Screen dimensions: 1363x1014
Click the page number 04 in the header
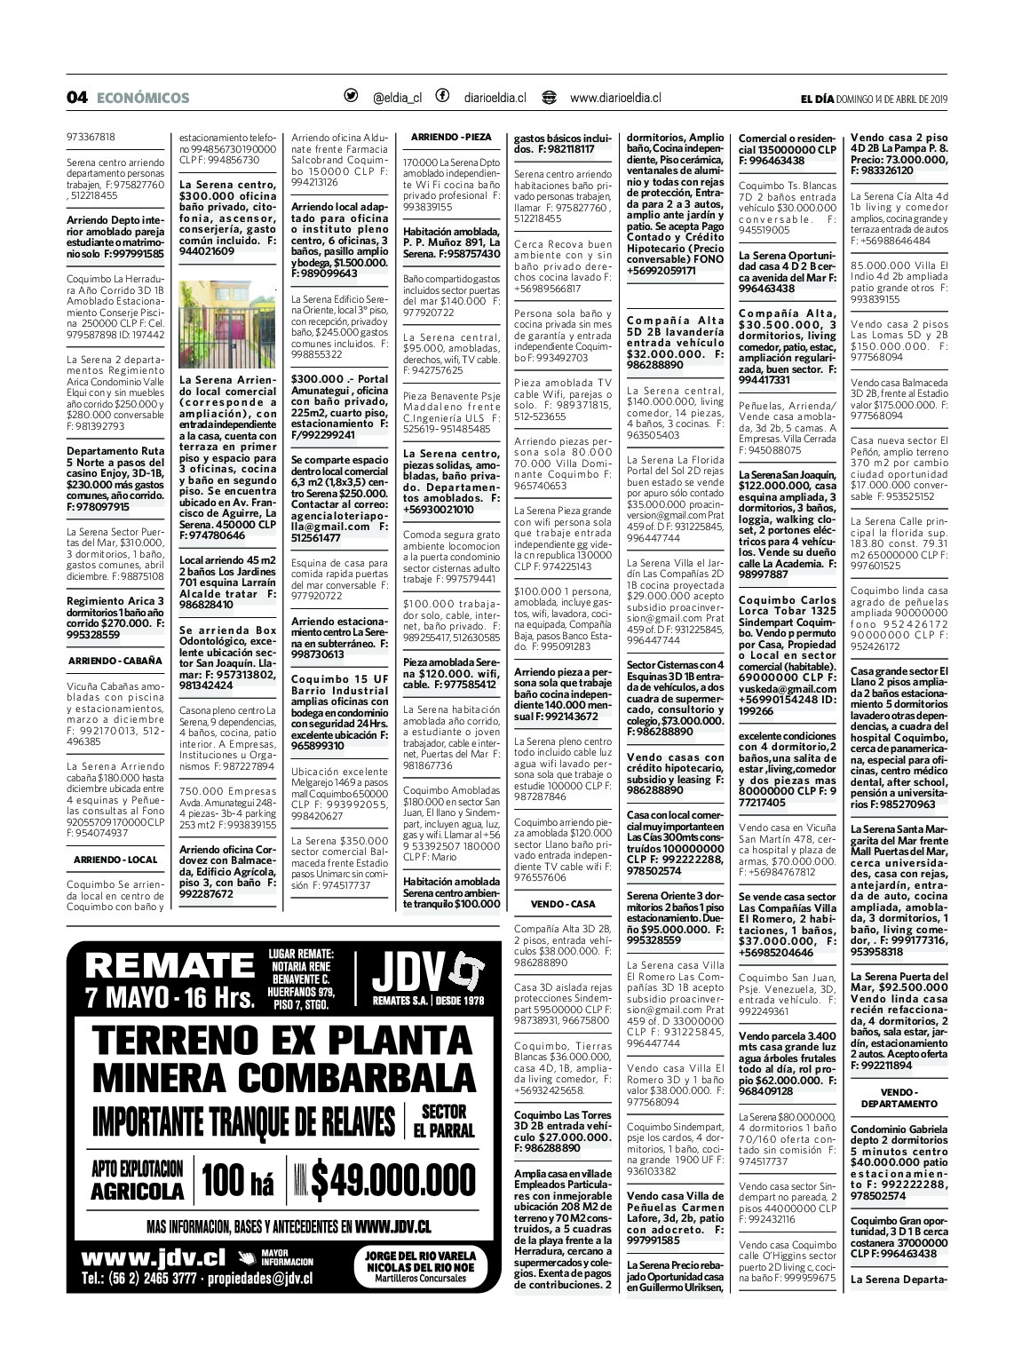pos(76,98)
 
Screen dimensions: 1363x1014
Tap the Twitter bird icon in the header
pos(351,97)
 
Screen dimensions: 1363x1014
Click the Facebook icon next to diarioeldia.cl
pos(442,97)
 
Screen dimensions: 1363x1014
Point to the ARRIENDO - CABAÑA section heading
pos(115,661)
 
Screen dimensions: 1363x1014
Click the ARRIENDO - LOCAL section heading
pos(115,860)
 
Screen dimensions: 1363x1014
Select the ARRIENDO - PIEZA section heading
pos(450,137)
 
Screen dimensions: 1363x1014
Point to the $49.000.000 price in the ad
pos(390,1180)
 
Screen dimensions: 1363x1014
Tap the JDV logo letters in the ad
pos(409,974)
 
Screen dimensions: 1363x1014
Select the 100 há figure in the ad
pos(238,1180)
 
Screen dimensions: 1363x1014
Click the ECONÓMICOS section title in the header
pos(142,98)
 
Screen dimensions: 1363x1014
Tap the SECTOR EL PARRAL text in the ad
pos(444,1121)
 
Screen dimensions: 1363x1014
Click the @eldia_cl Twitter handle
pos(397,98)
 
